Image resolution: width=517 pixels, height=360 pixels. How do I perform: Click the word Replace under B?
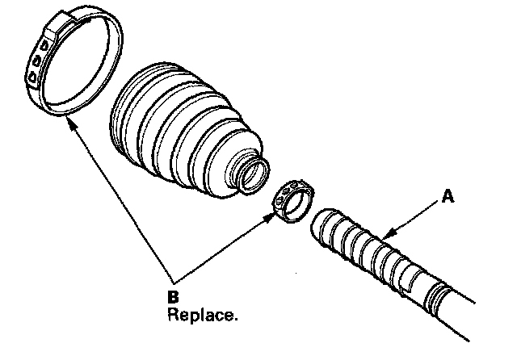(x=202, y=314)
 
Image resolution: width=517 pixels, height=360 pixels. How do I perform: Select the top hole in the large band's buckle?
(x=39, y=45)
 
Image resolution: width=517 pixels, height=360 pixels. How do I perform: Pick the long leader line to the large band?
(x=121, y=202)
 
